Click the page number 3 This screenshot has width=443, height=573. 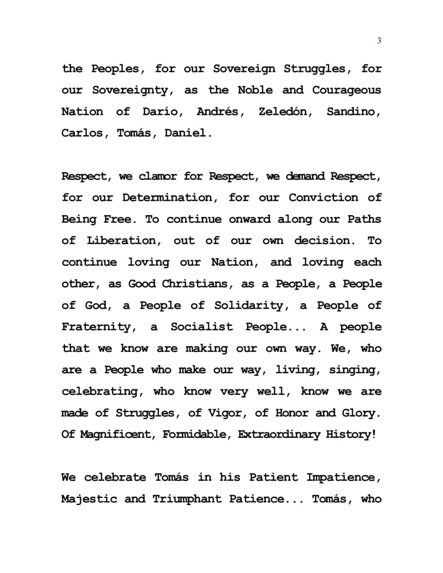click(379, 41)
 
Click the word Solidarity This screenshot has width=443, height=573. click(250, 305)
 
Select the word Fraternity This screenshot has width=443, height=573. click(96, 327)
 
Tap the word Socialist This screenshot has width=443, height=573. click(202, 327)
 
